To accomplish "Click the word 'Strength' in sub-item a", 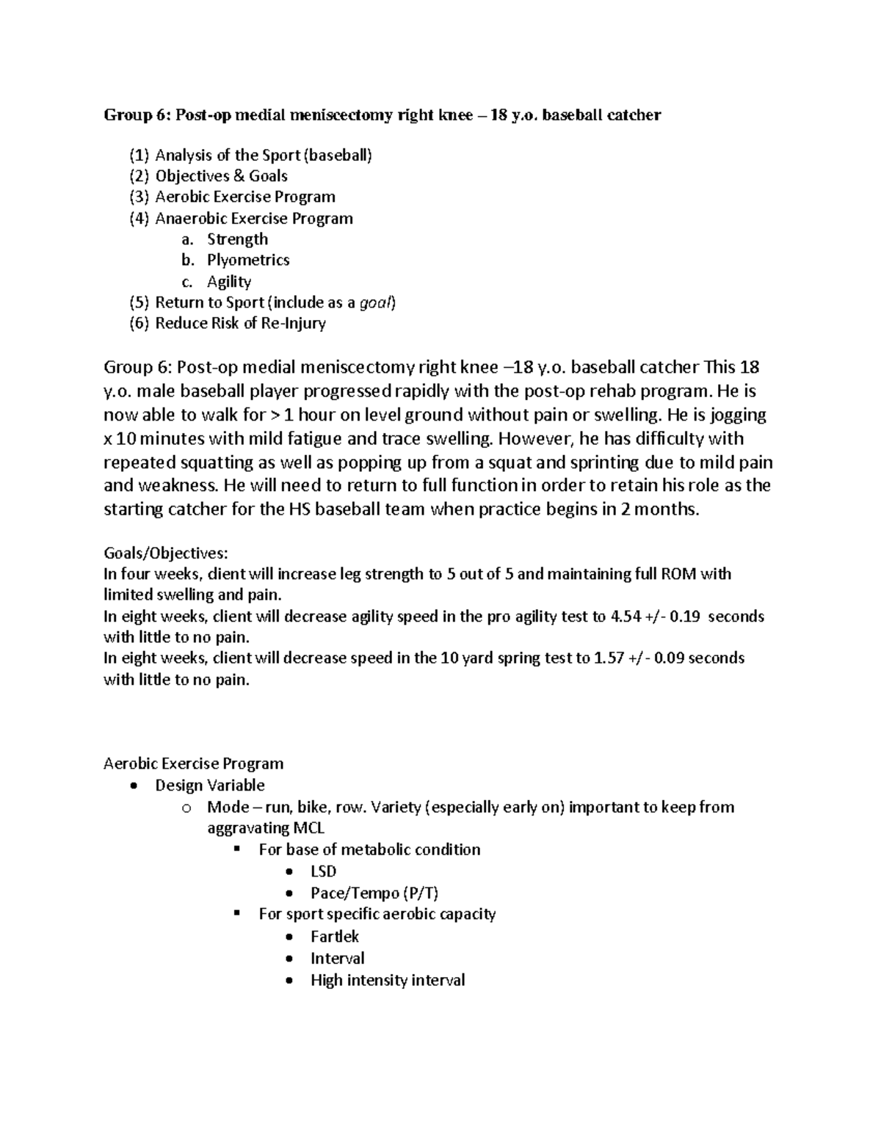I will coord(237,239).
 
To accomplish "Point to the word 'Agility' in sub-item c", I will coord(229,282).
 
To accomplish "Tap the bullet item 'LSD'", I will coord(323,871).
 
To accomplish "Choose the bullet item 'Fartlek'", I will coord(335,937).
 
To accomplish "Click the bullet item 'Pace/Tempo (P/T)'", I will coord(374,893).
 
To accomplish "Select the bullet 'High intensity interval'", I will coord(388,981).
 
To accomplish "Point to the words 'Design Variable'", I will coord(210,785).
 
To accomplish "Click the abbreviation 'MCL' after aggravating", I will coord(308,828).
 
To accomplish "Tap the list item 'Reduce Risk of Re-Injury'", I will coord(240,324).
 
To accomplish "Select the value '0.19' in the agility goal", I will coord(684,617).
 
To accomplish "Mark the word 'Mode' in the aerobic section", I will coord(226,807).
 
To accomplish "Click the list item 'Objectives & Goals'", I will coord(221,176).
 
